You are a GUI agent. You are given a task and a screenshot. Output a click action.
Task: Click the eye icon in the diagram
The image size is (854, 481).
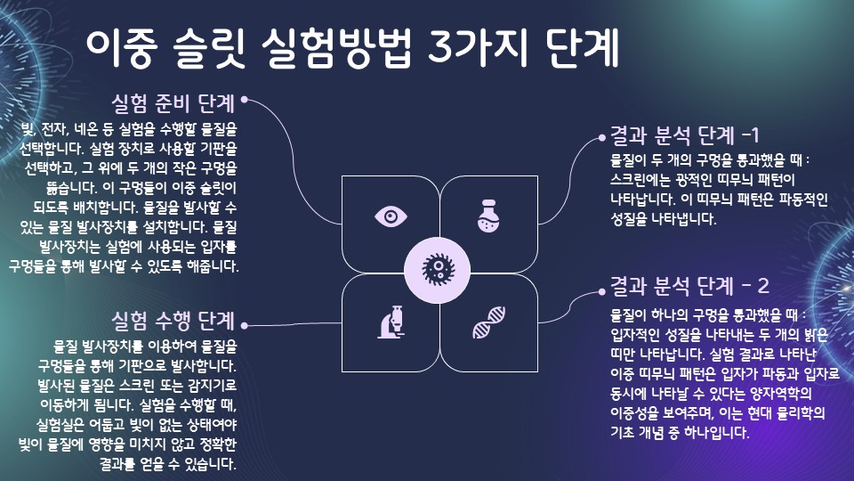pyautogui.click(x=390, y=216)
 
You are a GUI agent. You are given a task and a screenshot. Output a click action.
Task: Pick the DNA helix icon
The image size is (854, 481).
pyautogui.click(x=488, y=322)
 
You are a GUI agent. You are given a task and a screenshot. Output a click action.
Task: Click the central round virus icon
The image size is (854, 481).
pyautogui.click(x=438, y=267)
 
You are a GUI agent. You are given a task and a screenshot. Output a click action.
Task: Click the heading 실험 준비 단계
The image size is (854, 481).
pyautogui.click(x=173, y=102)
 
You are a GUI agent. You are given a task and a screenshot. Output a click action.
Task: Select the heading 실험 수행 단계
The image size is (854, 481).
pyautogui.click(x=173, y=319)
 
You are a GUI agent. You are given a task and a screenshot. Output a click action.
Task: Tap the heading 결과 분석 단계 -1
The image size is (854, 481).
pyautogui.click(x=684, y=135)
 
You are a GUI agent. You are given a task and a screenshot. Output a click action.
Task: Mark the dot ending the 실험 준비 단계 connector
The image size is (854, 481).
pyautogui.click(x=244, y=100)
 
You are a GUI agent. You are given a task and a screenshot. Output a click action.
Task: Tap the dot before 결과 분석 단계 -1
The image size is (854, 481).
pyautogui.click(x=601, y=138)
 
